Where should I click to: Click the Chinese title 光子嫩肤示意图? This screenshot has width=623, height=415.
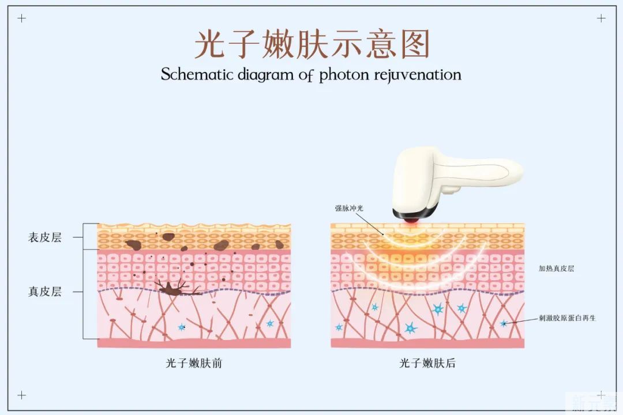click(x=311, y=44)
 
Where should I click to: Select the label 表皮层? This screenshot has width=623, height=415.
click(x=44, y=237)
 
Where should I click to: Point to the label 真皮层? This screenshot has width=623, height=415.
click(x=44, y=291)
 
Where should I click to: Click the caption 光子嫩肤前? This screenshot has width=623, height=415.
click(x=194, y=363)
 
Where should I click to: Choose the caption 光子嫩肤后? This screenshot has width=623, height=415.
click(x=427, y=363)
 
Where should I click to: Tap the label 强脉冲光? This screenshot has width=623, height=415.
click(x=350, y=208)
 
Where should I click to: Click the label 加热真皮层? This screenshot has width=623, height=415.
click(x=556, y=269)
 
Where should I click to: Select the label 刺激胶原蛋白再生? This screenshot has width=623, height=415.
click(x=567, y=318)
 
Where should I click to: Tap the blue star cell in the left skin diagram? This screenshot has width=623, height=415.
click(x=182, y=327)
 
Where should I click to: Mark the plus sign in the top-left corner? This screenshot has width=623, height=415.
click(x=22, y=18)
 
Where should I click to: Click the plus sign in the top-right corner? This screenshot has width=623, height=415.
click(x=601, y=18)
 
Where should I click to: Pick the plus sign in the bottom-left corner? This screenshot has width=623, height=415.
click(x=22, y=395)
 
